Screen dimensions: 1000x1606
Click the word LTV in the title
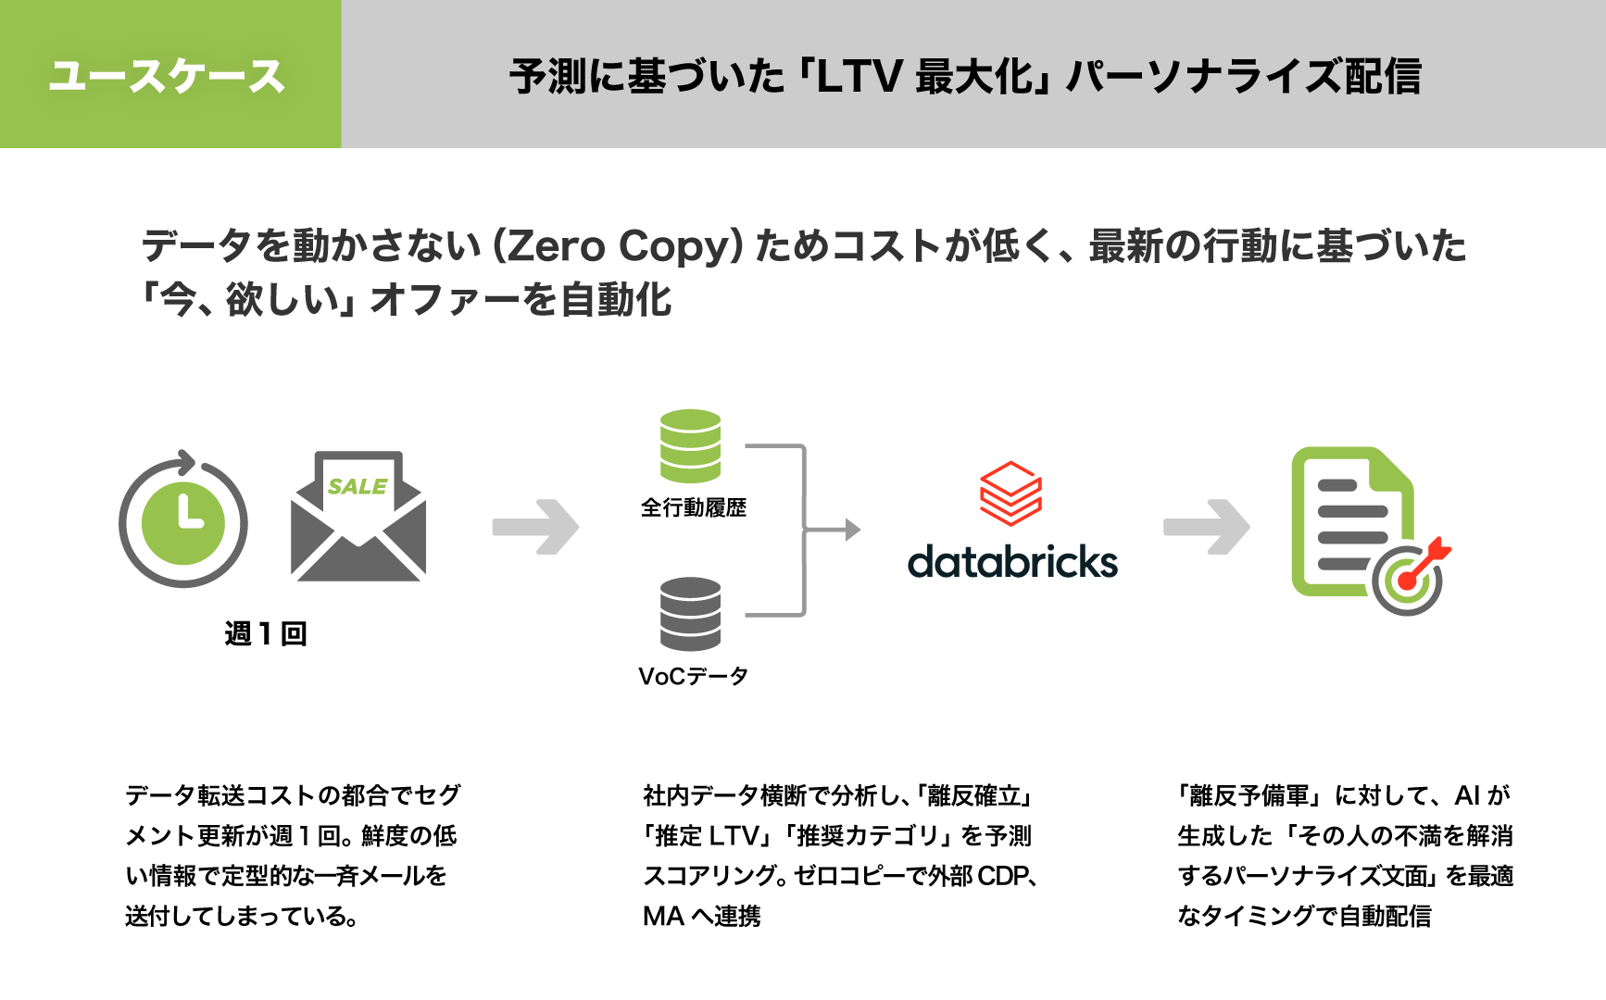click(859, 76)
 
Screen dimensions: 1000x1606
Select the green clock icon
click(183, 521)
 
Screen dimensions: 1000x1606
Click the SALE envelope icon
click(358, 519)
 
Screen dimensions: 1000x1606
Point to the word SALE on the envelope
click(357, 486)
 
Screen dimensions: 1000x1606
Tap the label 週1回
click(266, 633)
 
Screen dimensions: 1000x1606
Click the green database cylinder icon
click(690, 445)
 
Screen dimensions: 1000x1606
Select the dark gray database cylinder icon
click(690, 613)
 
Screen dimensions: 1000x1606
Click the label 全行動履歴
click(694, 507)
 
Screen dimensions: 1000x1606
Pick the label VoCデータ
click(694, 676)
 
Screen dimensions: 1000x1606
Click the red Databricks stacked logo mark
click(1010, 493)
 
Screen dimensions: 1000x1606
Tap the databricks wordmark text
click(1012, 562)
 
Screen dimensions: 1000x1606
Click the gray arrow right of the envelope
click(536, 527)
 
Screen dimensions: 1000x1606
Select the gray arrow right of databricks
click(1207, 527)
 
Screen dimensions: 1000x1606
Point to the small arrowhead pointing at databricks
click(852, 530)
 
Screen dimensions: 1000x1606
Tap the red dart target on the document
click(1410, 579)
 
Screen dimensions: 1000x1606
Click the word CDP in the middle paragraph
click(1002, 876)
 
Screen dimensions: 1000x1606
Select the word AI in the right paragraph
click(1467, 795)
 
